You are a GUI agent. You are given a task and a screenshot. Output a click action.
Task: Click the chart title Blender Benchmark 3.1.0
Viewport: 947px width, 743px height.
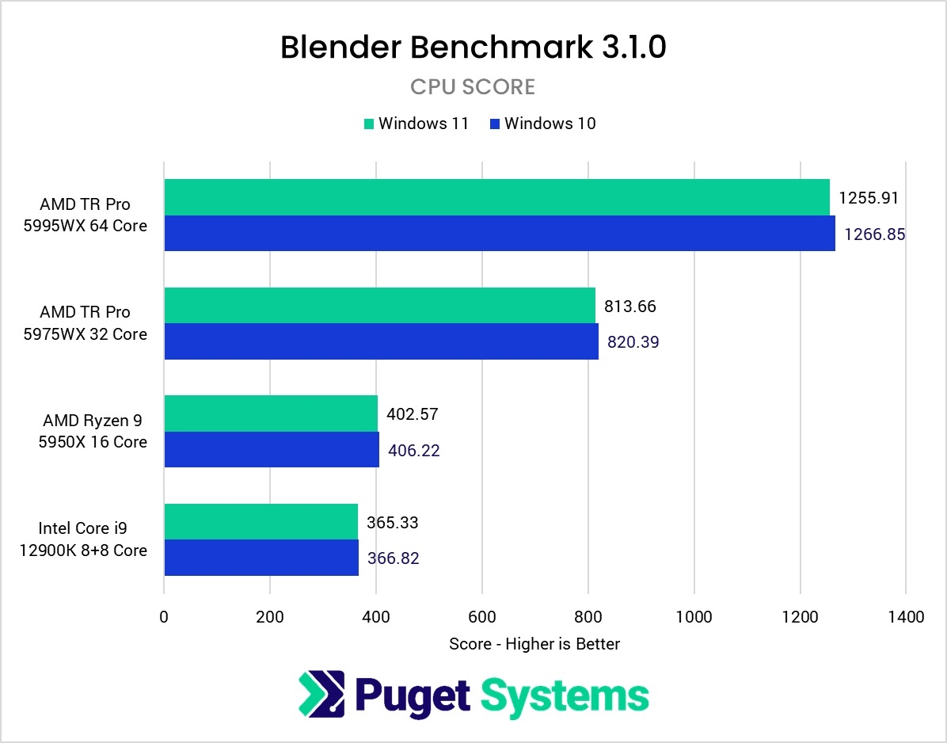click(473, 48)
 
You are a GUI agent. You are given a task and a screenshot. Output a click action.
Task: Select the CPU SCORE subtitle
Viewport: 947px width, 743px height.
click(473, 86)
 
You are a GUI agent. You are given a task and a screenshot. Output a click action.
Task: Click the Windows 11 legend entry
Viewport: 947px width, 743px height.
click(416, 124)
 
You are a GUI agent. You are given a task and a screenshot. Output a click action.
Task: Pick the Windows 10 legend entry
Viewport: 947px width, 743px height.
click(542, 124)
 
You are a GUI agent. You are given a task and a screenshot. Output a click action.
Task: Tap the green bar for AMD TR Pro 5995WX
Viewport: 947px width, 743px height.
click(496, 197)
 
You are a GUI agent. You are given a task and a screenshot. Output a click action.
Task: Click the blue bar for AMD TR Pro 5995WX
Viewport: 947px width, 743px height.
click(499, 233)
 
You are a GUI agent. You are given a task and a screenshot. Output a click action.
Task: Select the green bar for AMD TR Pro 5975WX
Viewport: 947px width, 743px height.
click(379, 305)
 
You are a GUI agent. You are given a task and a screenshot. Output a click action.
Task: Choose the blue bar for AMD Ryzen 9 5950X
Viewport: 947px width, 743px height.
click(271, 449)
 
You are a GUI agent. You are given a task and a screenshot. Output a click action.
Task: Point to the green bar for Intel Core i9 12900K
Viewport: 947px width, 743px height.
click(261, 521)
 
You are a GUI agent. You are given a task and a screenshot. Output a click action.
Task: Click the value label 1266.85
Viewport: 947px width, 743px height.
click(874, 234)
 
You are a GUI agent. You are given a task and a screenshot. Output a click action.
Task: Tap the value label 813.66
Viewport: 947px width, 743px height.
click(630, 307)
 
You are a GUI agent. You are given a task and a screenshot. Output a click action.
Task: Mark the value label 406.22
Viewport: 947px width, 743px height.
click(414, 451)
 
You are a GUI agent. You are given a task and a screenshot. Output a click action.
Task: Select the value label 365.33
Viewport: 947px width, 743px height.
click(392, 523)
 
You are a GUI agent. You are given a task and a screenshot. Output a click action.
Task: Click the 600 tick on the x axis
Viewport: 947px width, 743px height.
click(481, 616)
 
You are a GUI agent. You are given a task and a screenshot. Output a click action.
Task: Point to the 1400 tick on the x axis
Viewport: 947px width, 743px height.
click(906, 616)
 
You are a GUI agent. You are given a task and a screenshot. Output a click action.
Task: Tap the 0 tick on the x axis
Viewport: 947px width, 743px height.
click(164, 616)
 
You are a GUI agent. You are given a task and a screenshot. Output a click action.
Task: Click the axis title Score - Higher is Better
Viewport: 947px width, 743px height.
click(534, 644)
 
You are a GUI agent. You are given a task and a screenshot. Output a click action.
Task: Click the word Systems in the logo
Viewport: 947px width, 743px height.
click(565, 695)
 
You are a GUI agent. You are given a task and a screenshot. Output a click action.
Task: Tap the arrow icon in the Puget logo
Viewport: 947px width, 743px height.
click(321, 693)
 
